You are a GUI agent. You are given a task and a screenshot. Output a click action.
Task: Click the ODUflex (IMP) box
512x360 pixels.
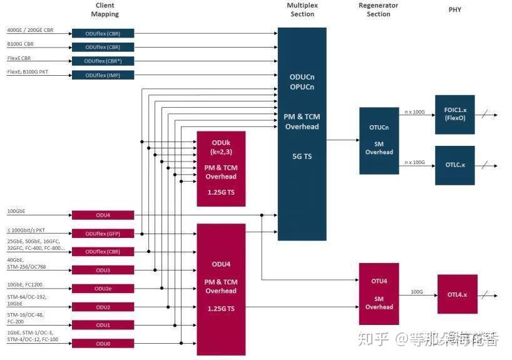pos(103,75)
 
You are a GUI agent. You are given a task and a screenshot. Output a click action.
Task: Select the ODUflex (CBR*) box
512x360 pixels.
pos(103,61)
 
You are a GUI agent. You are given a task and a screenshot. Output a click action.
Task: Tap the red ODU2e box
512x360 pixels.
pos(103,289)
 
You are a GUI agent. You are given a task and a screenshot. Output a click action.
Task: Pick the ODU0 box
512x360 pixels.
pos(103,343)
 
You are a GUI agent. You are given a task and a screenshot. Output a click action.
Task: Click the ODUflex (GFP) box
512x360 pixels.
pos(103,234)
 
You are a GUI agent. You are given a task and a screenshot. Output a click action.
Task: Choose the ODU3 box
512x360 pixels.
pos(103,270)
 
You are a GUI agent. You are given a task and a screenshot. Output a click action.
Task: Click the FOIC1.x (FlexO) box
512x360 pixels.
pos(454,115)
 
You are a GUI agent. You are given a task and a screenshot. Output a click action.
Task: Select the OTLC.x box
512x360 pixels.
pos(454,165)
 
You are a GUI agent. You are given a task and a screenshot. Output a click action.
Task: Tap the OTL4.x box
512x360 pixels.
pos(457,294)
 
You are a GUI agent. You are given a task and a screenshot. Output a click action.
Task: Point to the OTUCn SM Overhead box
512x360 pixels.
pos(379,140)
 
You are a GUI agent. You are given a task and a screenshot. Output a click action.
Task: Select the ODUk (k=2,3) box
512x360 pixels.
pos(221,168)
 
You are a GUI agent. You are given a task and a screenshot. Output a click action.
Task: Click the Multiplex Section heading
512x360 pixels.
pos(302,9)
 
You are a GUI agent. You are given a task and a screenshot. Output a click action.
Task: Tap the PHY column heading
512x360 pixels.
pos(455,10)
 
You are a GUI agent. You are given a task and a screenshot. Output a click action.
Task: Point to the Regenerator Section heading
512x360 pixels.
pos(378,9)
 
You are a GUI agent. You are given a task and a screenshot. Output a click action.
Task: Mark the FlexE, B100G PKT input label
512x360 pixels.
pos(27,72)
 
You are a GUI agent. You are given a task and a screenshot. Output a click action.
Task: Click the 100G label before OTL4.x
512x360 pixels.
pos(417,291)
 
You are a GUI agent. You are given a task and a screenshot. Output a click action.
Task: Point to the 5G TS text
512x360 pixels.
pos(302,157)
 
